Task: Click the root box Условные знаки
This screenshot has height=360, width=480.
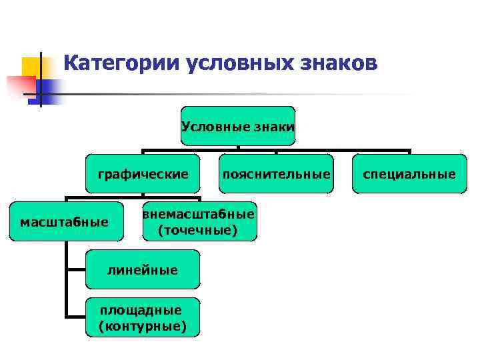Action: click(x=238, y=125)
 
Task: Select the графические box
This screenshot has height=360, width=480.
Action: click(x=143, y=174)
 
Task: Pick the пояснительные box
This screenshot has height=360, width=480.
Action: click(x=276, y=174)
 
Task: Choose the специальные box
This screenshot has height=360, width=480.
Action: click(x=409, y=174)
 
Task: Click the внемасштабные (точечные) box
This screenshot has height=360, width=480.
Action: click(x=198, y=221)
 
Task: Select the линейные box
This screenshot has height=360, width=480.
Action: click(x=143, y=269)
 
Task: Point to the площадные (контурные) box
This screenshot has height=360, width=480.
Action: click(x=142, y=317)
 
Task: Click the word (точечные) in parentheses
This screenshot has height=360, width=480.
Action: click(x=197, y=230)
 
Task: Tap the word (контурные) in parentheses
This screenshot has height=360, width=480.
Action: click(x=142, y=326)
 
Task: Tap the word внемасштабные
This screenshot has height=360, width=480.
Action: click(x=198, y=214)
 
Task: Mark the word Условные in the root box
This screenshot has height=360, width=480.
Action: click(x=211, y=125)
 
